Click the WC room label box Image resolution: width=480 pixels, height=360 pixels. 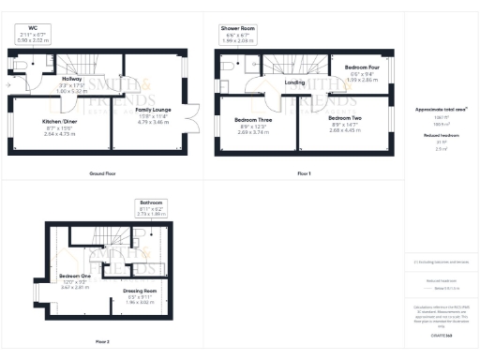(35, 36)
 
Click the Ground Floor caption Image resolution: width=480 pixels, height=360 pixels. (102, 174)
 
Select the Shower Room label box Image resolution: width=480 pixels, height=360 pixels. (238, 35)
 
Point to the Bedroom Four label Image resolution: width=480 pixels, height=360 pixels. (361, 72)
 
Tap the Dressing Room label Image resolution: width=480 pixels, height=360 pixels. (138, 294)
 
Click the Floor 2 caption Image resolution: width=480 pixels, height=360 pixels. (101, 342)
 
